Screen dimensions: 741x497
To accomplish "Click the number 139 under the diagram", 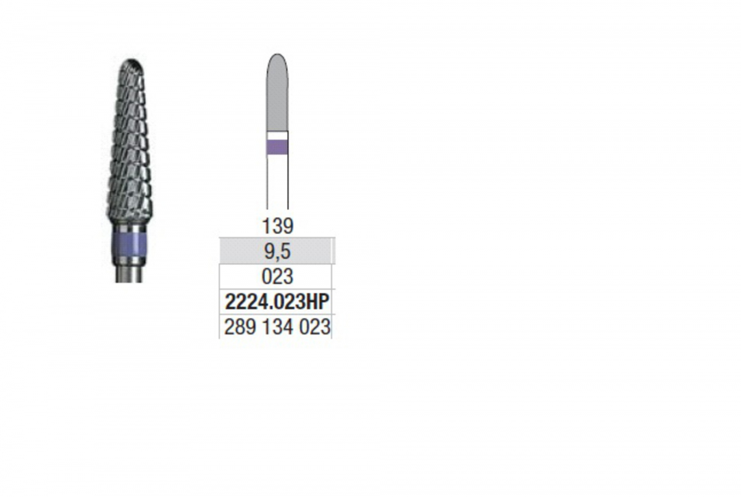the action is point(277,227).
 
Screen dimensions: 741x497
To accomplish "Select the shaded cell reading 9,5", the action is point(275,251).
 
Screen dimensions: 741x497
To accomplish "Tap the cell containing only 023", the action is point(275,277).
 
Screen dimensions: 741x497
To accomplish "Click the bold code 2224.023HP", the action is point(277,302).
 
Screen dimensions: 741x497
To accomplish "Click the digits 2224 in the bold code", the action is point(245,302).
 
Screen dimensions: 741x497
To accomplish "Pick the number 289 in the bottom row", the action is point(240,327).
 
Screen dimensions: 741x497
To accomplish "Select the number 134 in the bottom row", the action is point(277,327).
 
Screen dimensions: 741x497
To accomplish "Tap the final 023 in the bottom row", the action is point(314,327).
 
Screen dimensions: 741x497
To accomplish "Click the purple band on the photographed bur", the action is point(129,244).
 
